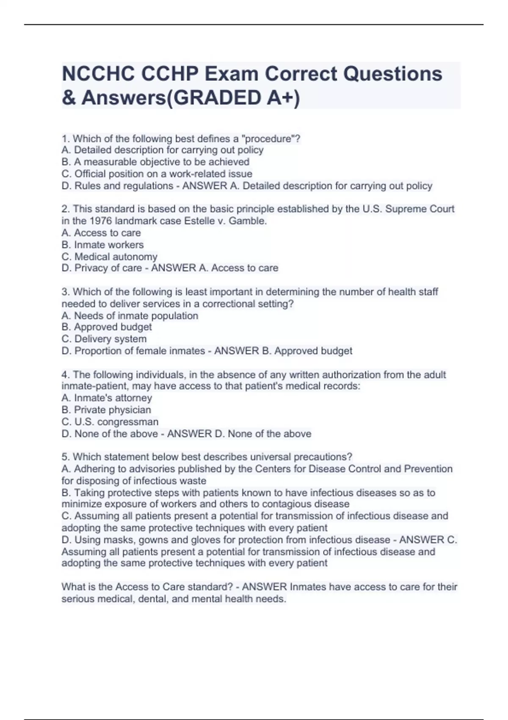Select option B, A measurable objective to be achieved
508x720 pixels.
(x=155, y=162)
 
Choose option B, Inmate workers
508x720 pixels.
(x=102, y=244)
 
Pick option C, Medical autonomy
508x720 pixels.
(x=109, y=257)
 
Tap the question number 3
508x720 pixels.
(x=65, y=292)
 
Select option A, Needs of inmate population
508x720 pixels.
(x=130, y=316)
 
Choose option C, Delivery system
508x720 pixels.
(x=104, y=339)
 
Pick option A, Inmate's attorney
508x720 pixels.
(x=107, y=398)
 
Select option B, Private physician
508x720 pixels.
(x=106, y=410)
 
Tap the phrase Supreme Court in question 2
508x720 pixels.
(x=420, y=209)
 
